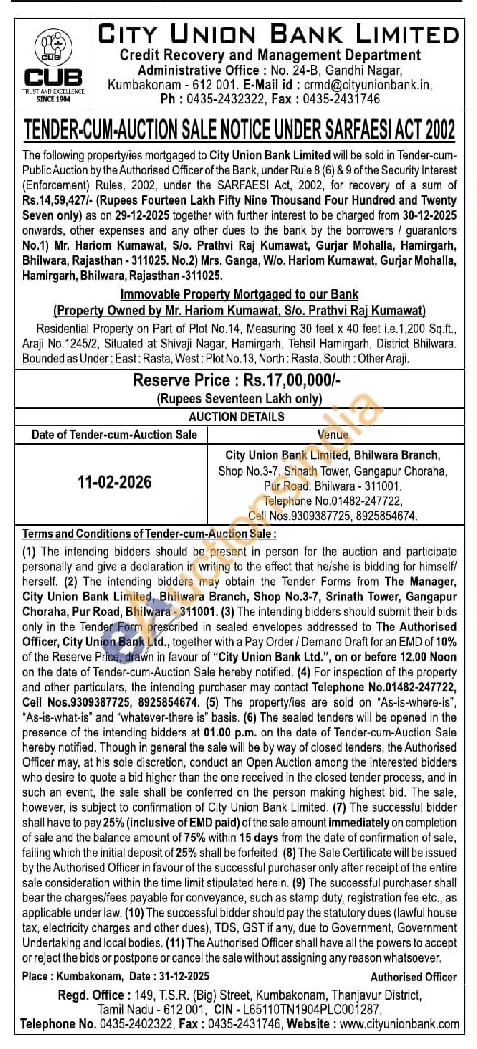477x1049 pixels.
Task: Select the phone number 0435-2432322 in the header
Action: point(225,99)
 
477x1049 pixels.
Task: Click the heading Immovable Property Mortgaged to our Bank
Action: point(239,294)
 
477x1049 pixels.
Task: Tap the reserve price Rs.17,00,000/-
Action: point(291,380)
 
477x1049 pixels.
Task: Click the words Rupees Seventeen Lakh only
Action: point(239,398)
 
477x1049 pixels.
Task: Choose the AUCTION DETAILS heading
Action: point(236,417)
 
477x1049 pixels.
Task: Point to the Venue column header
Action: point(333,435)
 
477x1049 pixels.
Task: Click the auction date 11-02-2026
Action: point(114,482)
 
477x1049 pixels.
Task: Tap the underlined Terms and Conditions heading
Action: point(149,533)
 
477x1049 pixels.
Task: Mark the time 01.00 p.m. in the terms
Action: point(230,732)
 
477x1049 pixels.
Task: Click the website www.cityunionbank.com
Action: point(399,1024)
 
